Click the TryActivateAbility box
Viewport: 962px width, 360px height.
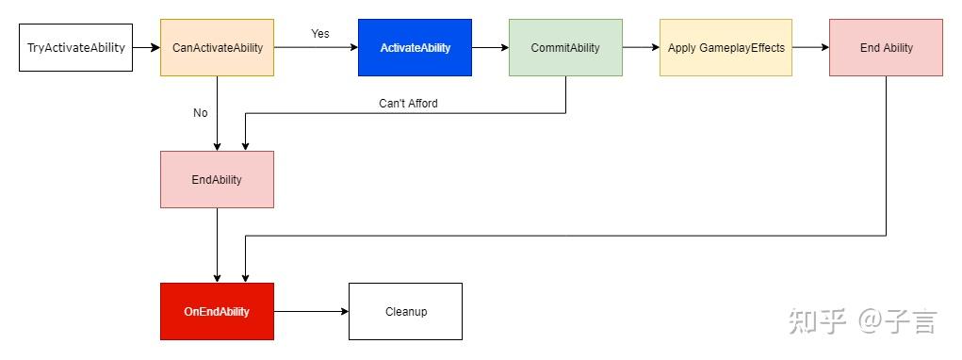coord(75,47)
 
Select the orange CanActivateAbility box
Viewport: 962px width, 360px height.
coord(217,47)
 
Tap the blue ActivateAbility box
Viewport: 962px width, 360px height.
coord(415,47)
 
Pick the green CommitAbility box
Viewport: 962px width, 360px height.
coord(565,47)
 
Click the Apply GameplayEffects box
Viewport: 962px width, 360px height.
coord(726,47)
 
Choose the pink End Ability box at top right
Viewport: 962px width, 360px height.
coord(886,47)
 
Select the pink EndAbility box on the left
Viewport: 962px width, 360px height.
coord(217,179)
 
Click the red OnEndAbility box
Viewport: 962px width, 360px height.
coord(217,311)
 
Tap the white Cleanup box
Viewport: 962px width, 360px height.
coord(405,311)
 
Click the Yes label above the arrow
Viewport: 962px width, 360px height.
coord(320,34)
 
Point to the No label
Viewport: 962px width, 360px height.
coord(200,113)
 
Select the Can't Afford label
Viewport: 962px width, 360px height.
coord(408,104)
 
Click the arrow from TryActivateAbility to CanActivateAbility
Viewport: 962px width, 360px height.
coord(146,47)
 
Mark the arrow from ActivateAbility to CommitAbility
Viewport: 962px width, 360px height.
coord(490,47)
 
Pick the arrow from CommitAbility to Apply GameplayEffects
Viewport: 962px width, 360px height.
coord(641,47)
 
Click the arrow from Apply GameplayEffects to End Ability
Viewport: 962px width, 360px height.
coord(810,47)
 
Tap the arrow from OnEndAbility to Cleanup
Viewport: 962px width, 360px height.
coord(311,311)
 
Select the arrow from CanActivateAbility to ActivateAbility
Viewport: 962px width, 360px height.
coord(316,47)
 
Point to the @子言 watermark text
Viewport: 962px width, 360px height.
coord(897,321)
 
